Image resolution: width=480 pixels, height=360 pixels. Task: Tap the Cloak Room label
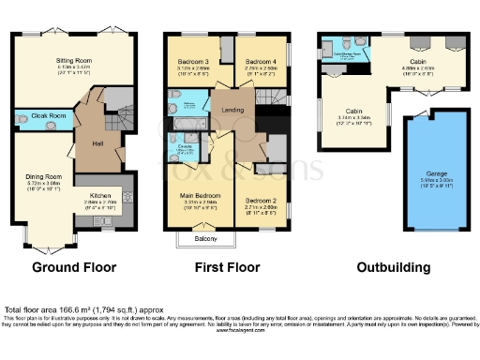49,116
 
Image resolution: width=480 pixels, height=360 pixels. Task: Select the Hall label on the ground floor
97,144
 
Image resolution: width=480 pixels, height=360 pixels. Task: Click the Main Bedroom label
200,194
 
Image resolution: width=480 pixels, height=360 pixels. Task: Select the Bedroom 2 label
262,200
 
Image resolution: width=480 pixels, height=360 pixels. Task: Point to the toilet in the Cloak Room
22,118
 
